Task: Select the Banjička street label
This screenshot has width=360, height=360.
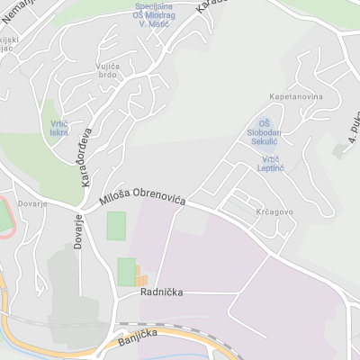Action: click(x=137, y=338)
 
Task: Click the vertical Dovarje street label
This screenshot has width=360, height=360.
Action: click(x=78, y=229)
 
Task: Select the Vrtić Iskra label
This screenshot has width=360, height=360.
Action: click(x=59, y=128)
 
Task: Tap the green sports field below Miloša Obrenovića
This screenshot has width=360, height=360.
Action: click(x=117, y=225)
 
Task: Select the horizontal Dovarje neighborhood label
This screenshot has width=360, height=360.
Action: click(x=31, y=204)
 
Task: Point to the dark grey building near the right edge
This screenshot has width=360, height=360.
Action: click(x=340, y=149)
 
